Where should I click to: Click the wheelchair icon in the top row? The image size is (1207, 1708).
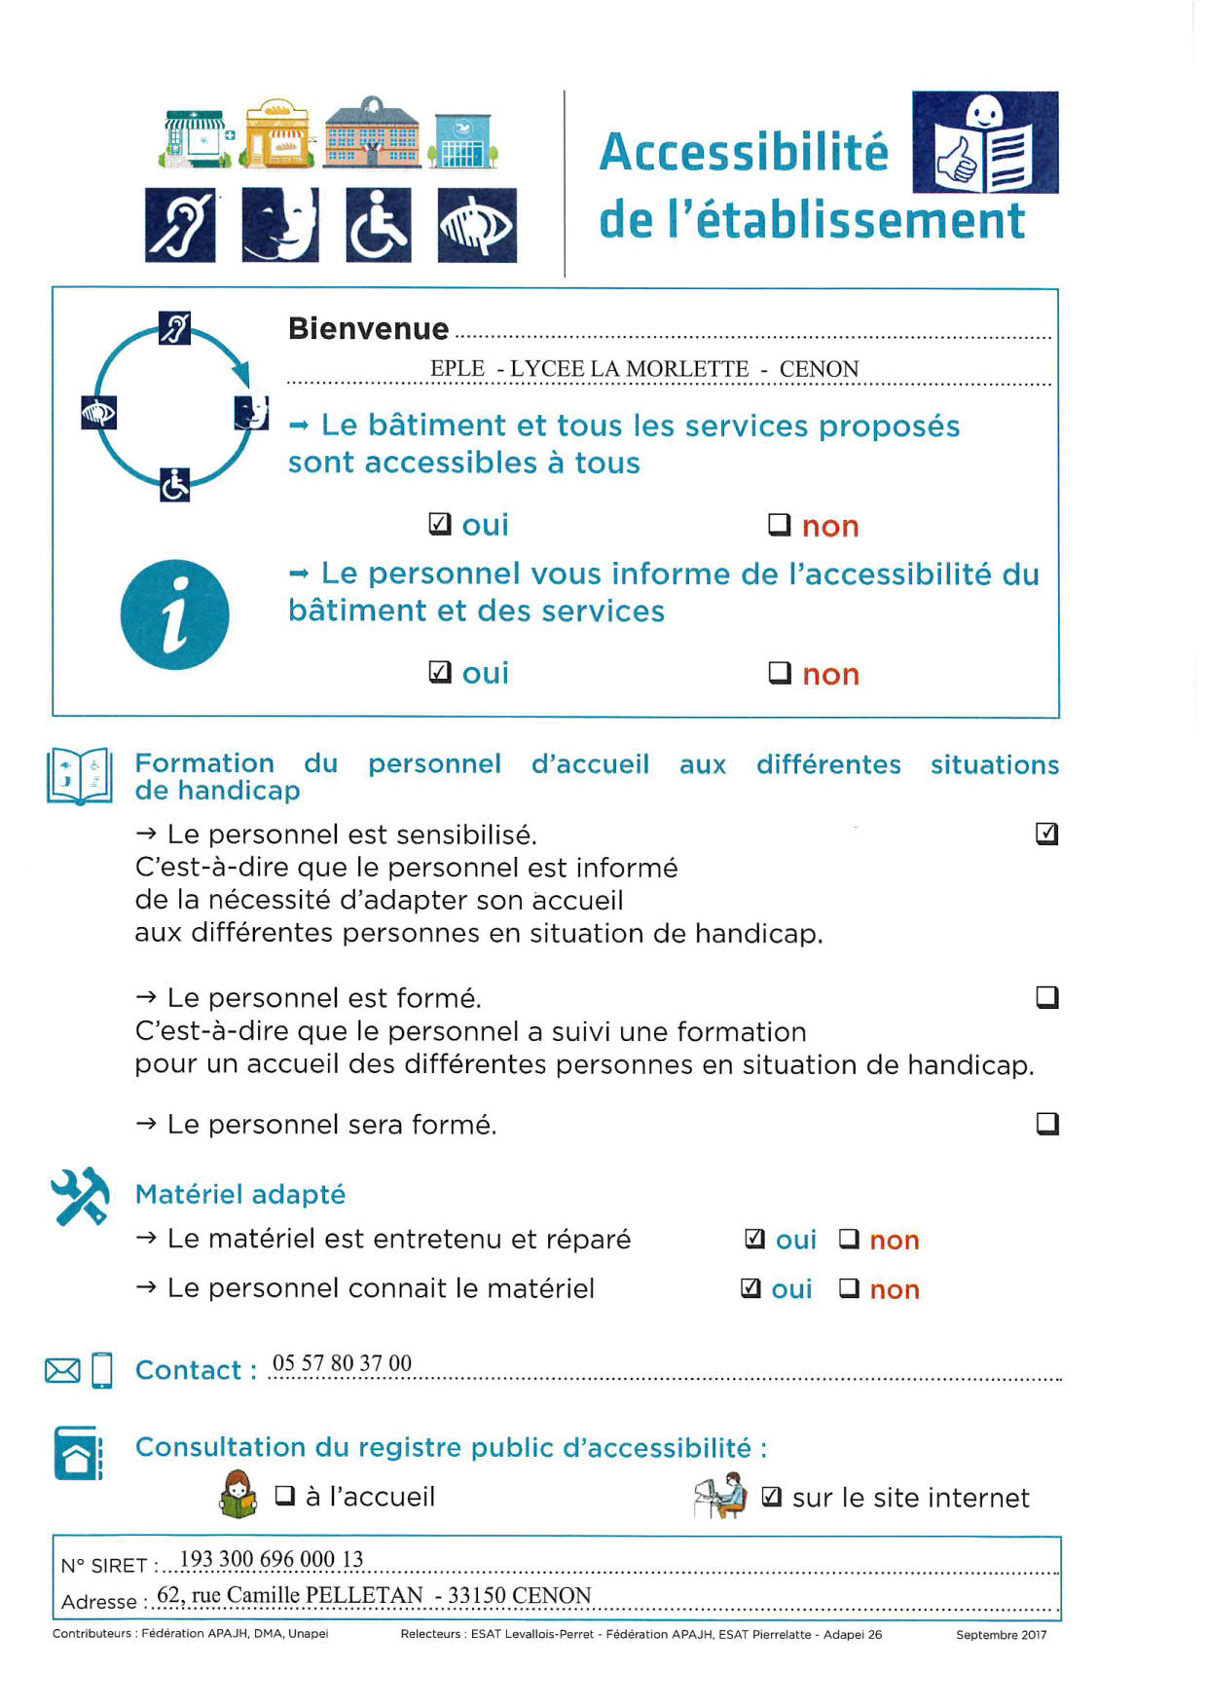point(379,226)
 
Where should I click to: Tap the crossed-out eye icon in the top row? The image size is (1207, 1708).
point(477,226)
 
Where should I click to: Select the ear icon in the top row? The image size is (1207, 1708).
point(180,226)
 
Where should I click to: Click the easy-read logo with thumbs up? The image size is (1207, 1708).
point(985,142)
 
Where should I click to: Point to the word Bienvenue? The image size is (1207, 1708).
point(368,329)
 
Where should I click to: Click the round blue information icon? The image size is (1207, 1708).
point(175,614)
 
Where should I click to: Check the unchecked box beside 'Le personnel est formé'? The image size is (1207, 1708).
point(1047,997)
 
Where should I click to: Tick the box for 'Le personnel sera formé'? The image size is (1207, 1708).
point(1047,1124)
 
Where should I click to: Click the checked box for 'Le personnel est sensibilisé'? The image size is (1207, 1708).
point(1047,834)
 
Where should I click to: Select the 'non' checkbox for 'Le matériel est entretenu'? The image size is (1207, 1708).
point(849,1239)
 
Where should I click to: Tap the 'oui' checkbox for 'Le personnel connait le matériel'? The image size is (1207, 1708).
point(750,1288)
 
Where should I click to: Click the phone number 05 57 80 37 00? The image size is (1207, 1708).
point(342,1363)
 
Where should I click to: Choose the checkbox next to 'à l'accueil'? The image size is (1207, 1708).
point(285,1495)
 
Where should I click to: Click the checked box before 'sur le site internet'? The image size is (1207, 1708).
point(771,1497)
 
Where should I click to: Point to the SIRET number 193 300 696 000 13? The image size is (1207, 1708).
point(272,1559)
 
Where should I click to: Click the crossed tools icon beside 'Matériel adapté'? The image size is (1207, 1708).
point(80,1196)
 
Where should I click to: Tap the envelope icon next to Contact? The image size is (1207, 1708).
point(63,1371)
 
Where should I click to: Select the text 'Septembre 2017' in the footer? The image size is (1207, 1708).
point(1001,1635)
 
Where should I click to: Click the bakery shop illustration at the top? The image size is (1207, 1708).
point(277,133)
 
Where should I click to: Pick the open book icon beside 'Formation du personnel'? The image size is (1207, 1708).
point(80,776)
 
